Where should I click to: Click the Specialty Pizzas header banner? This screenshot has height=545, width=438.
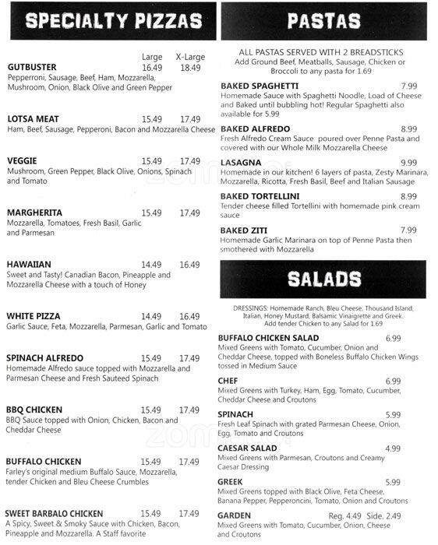109,20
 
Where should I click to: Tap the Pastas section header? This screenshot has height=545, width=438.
323,20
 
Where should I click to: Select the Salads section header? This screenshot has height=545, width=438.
323,279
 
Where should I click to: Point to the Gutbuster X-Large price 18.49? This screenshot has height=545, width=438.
189,68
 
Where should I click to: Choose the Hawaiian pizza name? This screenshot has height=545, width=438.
29,264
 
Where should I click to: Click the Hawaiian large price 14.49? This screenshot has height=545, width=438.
151,265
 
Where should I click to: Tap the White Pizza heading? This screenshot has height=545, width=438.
34,316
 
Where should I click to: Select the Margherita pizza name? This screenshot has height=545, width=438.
34,213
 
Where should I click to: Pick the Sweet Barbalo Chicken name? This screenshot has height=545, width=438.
54,514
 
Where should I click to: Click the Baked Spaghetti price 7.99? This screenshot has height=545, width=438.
408,86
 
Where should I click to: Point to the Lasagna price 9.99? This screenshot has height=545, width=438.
408,163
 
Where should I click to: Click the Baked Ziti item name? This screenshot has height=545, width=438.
244,230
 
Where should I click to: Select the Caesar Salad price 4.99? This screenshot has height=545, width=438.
393,448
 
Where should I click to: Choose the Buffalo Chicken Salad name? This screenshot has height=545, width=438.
268,339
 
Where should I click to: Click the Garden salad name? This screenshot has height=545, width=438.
234,515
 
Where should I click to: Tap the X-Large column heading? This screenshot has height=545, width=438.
189,57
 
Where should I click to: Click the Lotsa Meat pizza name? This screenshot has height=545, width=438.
33,119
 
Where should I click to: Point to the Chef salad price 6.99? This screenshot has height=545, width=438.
393,381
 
